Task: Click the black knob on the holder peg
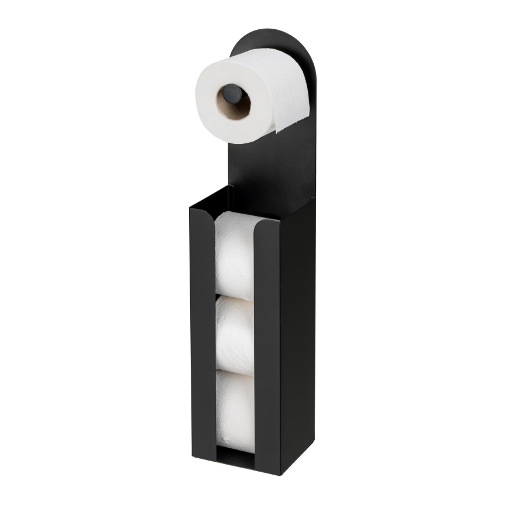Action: pos(232,94)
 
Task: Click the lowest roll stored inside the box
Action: pos(235,410)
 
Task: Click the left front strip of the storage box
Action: pos(202,328)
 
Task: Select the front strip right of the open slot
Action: pos(266,339)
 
